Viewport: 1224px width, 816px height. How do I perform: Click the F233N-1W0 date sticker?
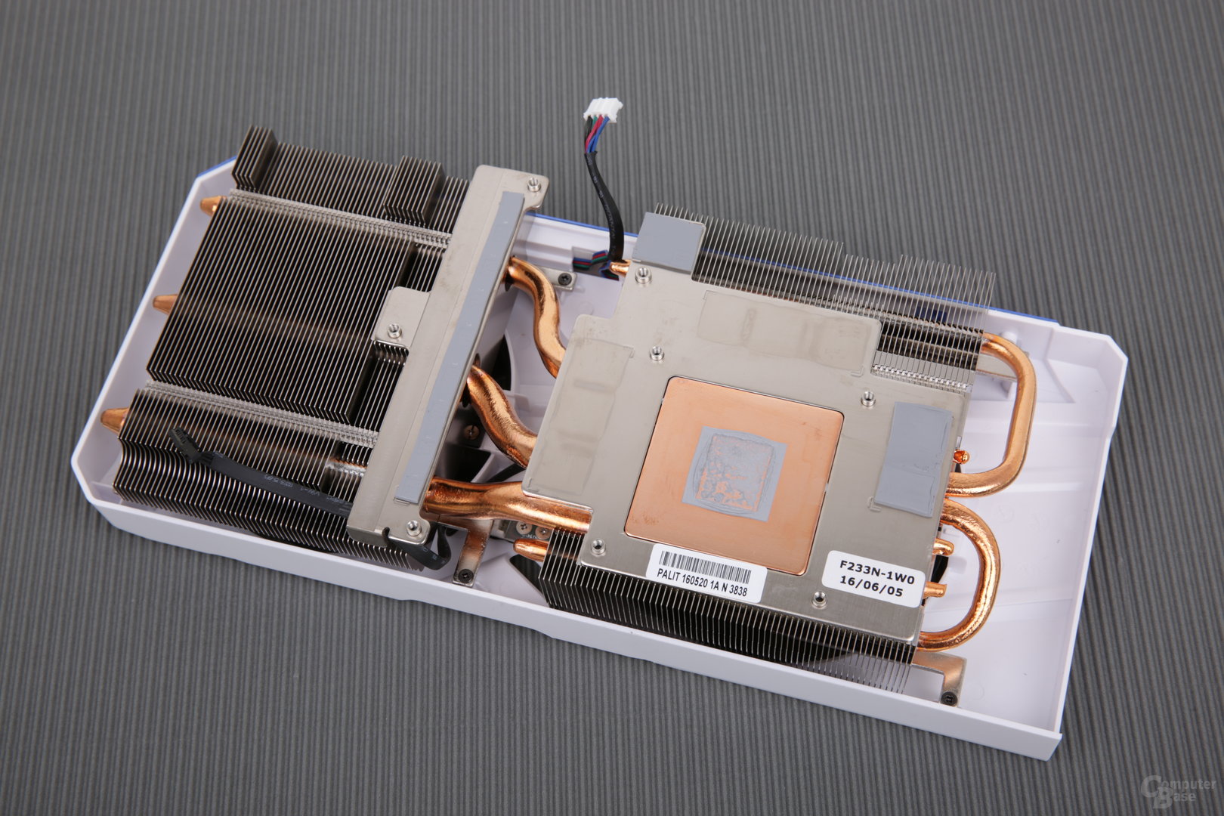[872, 579]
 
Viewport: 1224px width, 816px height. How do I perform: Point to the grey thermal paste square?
[735, 473]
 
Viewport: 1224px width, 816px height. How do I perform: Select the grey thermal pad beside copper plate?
[913, 459]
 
